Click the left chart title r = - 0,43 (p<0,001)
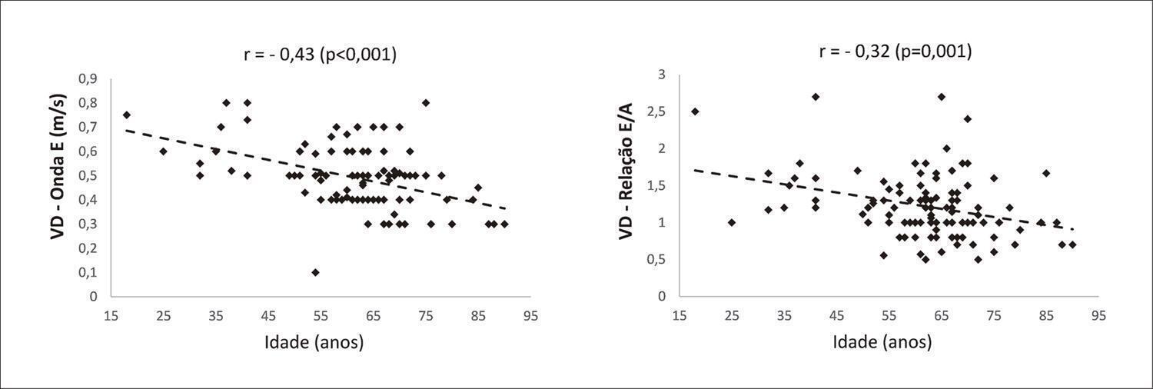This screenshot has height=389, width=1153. (x=321, y=54)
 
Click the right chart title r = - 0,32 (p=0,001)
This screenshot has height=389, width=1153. (x=895, y=52)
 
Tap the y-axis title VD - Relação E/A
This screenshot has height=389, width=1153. (x=626, y=171)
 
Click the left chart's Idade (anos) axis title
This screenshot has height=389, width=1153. (x=314, y=342)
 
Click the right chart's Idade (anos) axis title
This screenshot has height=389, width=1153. (x=882, y=342)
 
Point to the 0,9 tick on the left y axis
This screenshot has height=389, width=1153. (x=88, y=78)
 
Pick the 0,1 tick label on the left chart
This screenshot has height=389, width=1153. (x=88, y=272)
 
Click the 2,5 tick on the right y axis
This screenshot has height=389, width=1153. (x=656, y=111)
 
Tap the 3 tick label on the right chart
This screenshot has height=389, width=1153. (x=662, y=75)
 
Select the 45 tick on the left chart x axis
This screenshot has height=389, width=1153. (x=268, y=316)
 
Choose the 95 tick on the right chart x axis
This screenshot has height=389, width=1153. (x=1098, y=316)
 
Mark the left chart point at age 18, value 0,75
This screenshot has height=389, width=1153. (x=127, y=115)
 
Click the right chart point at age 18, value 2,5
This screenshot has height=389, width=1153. (x=695, y=111)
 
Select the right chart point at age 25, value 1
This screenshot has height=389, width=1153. (x=732, y=222)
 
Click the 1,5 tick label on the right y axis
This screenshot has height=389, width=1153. (x=656, y=186)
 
